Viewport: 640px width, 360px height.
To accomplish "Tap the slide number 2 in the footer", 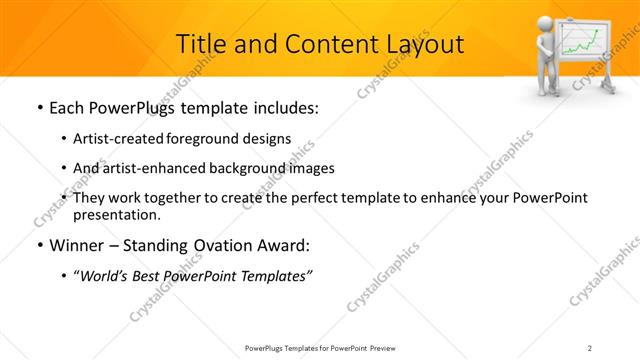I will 590,348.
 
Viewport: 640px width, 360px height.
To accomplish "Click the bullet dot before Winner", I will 38,246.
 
